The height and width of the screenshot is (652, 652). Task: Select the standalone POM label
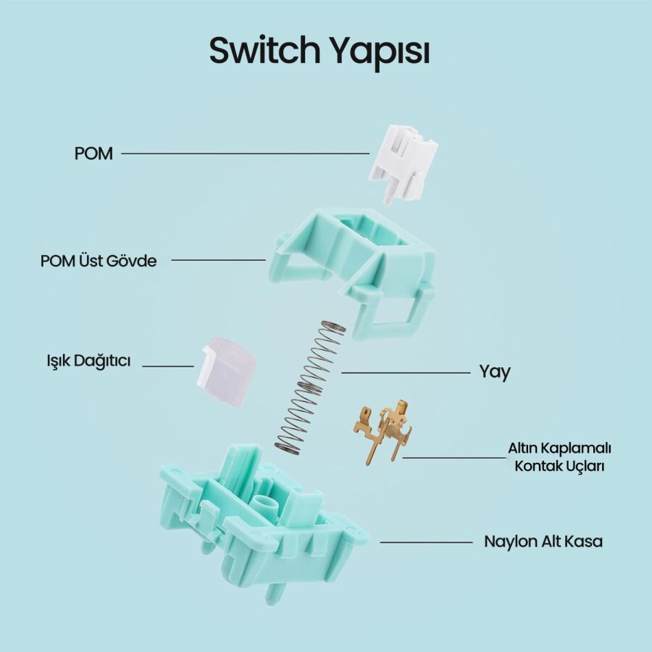point(93,154)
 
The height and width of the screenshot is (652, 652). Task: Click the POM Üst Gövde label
point(99,260)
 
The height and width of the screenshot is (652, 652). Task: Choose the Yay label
point(494,372)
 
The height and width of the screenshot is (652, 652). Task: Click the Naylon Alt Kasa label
point(543,541)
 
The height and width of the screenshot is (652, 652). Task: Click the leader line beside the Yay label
point(406,372)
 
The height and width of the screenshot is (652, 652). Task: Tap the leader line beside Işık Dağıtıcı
point(168,366)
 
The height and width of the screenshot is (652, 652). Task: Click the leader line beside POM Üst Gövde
point(218,259)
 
